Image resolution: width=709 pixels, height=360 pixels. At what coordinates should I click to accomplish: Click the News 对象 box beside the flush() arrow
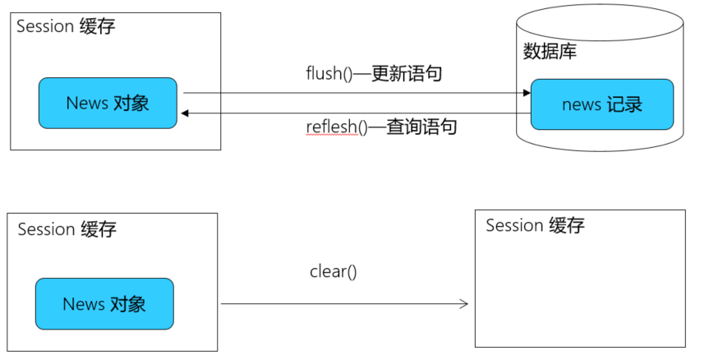pos(108,104)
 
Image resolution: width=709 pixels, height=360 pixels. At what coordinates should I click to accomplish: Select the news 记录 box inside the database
pos(601,104)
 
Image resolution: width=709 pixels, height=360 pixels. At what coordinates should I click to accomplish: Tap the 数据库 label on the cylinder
pos(550,52)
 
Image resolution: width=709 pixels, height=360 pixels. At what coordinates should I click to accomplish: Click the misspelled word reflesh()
pos(333,127)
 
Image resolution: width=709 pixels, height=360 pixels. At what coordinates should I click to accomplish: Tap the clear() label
pos(333,271)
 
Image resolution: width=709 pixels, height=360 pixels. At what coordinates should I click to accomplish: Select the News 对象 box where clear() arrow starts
pos(104,304)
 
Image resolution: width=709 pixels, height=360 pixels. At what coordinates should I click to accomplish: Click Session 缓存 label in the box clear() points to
pos(535,225)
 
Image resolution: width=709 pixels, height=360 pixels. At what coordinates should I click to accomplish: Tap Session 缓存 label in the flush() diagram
pos(66,26)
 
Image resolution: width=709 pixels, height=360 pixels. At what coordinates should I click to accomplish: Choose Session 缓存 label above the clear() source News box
pos(67,229)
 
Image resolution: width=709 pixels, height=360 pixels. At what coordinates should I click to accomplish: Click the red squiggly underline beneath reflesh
pos(333,136)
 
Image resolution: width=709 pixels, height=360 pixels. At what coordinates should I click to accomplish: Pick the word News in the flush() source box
pos(86,104)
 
